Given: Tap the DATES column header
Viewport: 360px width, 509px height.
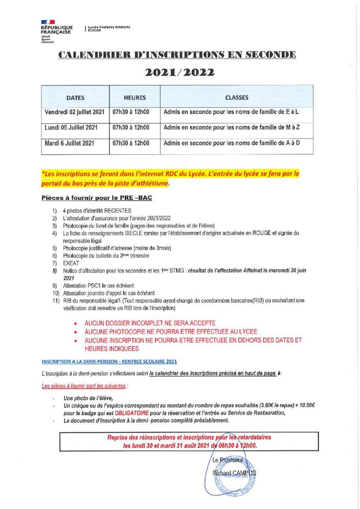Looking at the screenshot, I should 75,97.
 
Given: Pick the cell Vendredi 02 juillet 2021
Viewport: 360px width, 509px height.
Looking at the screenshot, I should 75,112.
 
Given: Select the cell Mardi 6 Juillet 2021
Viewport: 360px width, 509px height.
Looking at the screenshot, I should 70,143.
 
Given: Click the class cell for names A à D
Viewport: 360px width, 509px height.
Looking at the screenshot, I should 231,143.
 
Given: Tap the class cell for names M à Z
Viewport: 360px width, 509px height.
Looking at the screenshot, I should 231,128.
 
